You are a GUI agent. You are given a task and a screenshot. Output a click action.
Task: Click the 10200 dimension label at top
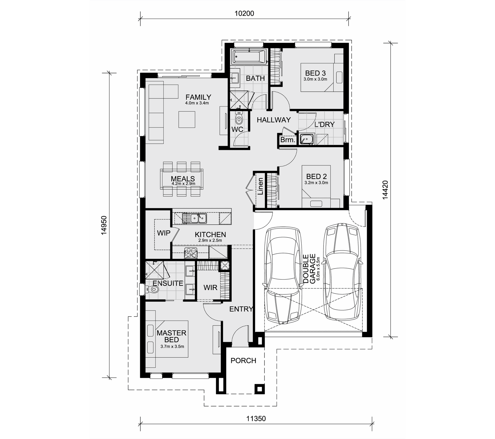click(244, 13)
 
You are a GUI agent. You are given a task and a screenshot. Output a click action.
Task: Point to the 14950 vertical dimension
click(104, 225)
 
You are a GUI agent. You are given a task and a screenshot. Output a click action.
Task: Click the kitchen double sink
click(194, 218)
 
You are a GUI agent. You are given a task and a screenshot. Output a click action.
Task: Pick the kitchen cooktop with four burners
click(191, 253)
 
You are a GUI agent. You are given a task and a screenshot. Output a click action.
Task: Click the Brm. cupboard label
click(288, 140)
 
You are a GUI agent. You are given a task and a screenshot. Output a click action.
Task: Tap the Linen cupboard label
click(260, 186)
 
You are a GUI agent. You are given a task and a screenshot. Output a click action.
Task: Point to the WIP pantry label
click(164, 233)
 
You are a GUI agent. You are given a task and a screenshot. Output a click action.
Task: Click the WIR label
click(210, 287)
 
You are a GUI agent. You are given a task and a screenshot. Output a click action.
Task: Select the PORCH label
click(243, 361)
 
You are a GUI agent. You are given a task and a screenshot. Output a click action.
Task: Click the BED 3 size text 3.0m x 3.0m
click(315, 79)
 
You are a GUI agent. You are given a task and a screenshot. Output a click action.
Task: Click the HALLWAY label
click(274, 120)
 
